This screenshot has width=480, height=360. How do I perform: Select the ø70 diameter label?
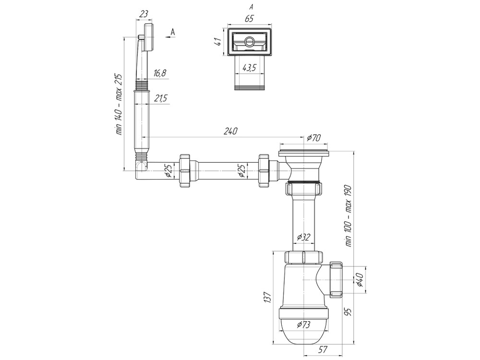(313, 138)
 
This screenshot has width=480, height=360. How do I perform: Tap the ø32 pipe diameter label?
(304, 237)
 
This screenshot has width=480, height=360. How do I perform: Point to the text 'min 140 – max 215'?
(119, 104)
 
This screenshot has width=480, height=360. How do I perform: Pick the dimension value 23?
(144, 14)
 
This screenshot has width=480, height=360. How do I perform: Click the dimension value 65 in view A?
(249, 19)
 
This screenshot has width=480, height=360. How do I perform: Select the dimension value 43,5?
(248, 68)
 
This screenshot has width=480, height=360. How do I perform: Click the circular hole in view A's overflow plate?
(249, 42)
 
